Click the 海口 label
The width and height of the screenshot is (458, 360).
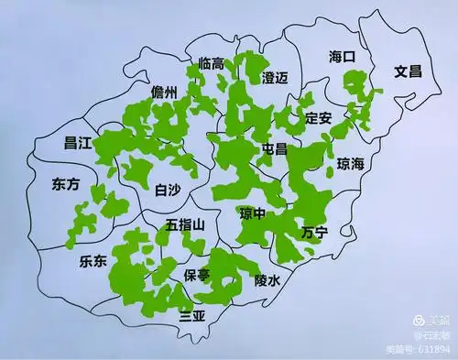click(342, 58)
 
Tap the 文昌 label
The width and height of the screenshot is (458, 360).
click(408, 71)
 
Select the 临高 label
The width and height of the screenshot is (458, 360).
click(212, 63)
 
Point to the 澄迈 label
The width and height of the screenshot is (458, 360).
click(275, 78)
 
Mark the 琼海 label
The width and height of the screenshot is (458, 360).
click(351, 165)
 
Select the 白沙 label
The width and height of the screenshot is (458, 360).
click(169, 191)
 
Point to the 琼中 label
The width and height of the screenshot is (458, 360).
click(253, 213)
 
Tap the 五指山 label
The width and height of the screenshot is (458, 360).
click(191, 224)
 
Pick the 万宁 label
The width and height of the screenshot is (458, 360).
click(314, 232)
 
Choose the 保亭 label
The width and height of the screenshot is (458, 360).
click(197, 274)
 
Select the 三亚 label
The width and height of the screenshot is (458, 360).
click(192, 317)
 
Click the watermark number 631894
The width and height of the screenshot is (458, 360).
click(432, 349)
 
